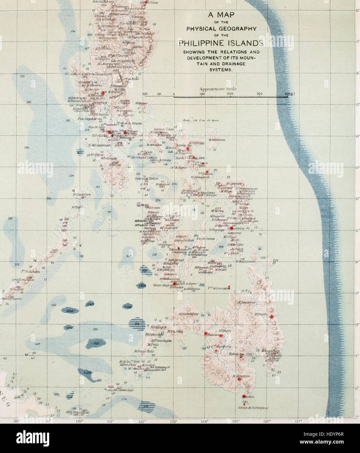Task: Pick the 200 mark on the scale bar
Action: click(x=230, y=94)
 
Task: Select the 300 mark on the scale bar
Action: click(x=259, y=94)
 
